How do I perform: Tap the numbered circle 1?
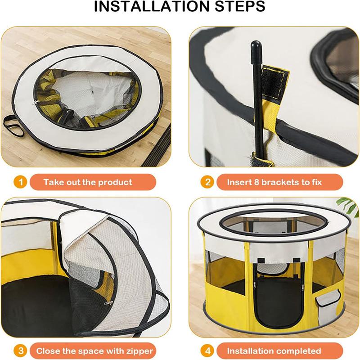click(19, 182)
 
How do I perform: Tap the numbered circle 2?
click(208, 182)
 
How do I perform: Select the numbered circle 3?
click(19, 351)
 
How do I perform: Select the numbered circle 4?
click(208, 351)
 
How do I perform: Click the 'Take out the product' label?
click(88, 182)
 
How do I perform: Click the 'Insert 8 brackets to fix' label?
click(274, 182)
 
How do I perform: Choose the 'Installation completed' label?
click(274, 351)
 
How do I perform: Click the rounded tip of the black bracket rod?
click(255, 46)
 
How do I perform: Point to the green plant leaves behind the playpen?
click(348, 205)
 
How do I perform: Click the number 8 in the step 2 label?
click(258, 182)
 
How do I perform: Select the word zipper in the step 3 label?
click(136, 351)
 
